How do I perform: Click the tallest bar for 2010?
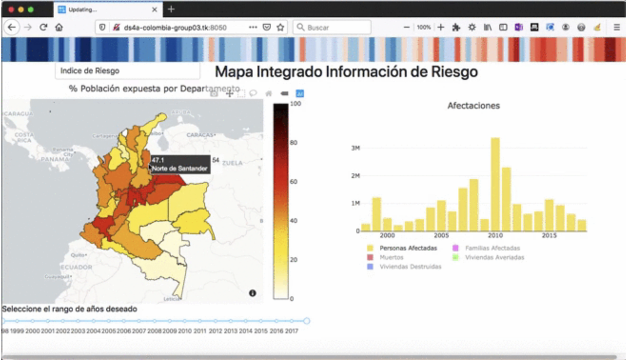point(495,185)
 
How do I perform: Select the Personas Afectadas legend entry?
point(408,248)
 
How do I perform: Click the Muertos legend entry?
point(391,258)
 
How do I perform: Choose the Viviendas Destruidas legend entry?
point(410,267)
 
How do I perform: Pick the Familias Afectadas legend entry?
point(492,248)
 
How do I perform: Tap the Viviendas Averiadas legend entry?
point(495,258)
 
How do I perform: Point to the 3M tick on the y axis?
point(355,148)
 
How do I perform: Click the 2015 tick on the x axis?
point(549,236)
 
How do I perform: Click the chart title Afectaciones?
point(473,105)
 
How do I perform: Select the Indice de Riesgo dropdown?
point(127,71)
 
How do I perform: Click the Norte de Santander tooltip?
point(180,164)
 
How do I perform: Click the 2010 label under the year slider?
point(185,331)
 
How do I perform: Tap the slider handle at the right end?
point(307,321)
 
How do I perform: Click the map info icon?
point(252,293)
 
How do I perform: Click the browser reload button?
point(43,28)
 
